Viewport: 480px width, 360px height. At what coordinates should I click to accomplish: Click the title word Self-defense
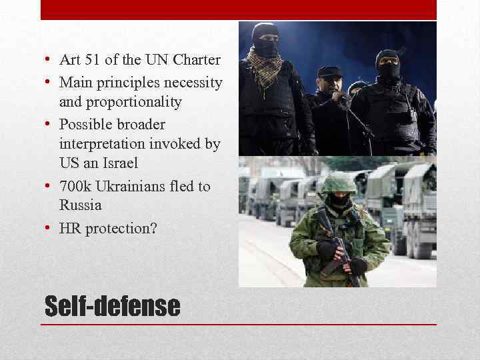tap(112, 306)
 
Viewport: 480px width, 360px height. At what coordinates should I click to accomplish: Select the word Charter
tap(197, 60)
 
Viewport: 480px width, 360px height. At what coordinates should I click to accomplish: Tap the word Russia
tap(80, 205)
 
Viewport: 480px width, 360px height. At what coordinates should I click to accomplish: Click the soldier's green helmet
tap(339, 182)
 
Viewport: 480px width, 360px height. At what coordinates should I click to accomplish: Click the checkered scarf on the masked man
tap(265, 64)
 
